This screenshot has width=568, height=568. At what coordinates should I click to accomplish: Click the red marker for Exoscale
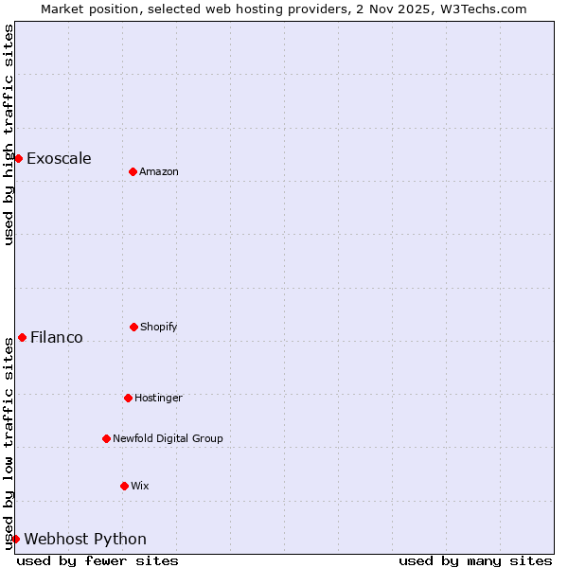(x=18, y=158)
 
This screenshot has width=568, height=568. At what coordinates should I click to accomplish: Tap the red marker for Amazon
(x=133, y=171)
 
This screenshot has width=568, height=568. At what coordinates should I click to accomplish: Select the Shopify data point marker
(x=133, y=327)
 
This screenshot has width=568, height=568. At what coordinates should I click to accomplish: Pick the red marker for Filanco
(x=22, y=337)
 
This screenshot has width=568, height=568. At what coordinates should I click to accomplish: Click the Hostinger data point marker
(x=128, y=398)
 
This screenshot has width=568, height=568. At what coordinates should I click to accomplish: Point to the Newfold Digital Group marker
(x=106, y=438)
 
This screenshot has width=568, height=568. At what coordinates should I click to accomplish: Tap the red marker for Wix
(x=124, y=486)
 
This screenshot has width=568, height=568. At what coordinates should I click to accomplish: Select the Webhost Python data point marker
(x=15, y=539)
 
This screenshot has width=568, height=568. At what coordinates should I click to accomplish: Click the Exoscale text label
(x=59, y=158)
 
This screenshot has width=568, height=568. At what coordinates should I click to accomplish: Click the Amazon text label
(x=159, y=171)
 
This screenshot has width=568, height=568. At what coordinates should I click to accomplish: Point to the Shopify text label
(x=159, y=327)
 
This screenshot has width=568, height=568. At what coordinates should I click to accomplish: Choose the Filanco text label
(x=57, y=337)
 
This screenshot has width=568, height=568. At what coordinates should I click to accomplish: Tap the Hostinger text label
(x=158, y=398)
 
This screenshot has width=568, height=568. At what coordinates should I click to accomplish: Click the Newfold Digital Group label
(x=168, y=438)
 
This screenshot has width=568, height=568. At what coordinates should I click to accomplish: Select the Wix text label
(x=140, y=486)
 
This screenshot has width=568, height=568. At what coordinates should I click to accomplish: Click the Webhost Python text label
(x=85, y=539)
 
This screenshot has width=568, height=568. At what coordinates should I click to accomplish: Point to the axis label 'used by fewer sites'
(x=98, y=560)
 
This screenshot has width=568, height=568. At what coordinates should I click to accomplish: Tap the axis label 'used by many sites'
(x=475, y=560)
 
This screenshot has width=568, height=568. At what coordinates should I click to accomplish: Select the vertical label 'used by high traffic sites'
(x=9, y=134)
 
